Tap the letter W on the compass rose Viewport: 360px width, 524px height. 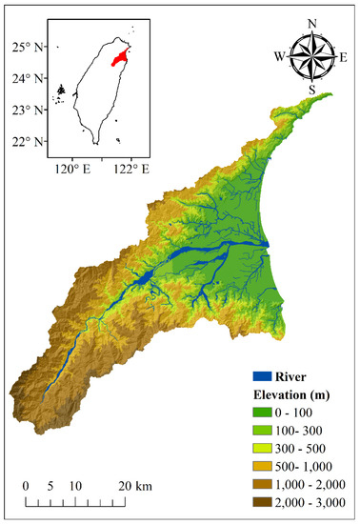pos(279,56)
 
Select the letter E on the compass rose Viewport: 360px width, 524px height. pos(343,56)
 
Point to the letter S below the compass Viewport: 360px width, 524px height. pos(311,89)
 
